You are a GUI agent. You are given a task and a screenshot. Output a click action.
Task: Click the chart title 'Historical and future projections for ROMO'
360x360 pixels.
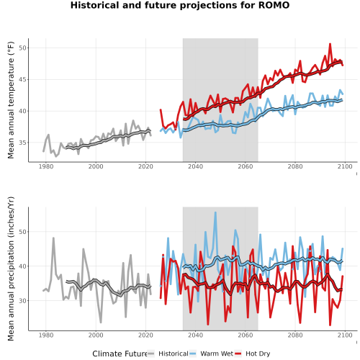tap(180, 5)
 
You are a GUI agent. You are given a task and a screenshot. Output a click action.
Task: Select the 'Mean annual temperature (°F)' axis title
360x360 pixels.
tap(11, 100)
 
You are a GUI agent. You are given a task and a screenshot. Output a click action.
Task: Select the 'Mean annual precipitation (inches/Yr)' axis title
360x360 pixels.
tap(11, 269)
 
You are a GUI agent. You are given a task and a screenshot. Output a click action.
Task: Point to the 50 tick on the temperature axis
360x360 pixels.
tap(22, 48)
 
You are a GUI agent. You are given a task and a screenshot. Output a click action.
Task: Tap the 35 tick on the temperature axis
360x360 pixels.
tap(22, 143)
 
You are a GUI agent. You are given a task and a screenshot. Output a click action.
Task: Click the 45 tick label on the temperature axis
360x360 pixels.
tap(22, 79)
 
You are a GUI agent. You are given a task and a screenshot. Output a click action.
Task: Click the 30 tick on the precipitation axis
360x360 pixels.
tap(22, 300)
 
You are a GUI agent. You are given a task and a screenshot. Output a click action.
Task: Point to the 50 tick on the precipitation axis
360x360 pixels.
tap(22, 232)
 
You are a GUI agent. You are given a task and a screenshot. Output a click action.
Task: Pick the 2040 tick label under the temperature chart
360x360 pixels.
tap(195, 166)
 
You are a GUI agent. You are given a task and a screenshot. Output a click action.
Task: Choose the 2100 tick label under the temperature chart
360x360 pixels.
tap(345, 166)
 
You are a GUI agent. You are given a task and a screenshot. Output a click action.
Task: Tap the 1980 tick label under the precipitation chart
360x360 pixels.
tap(46, 335)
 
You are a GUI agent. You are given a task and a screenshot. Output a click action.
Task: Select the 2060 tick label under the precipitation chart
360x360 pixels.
tap(246, 335)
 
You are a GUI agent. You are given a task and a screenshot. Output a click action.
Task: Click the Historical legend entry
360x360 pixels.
tap(168, 354)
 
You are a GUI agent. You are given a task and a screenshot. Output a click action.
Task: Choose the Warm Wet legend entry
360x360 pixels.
tap(211, 354)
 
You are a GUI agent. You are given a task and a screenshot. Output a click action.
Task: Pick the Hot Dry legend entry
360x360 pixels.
tap(253, 354)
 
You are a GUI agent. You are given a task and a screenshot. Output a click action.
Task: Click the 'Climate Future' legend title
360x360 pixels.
tap(120, 354)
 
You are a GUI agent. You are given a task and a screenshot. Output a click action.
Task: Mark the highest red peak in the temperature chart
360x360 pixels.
tap(330, 44)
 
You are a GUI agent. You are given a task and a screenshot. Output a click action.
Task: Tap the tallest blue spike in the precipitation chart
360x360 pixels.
tap(215, 212)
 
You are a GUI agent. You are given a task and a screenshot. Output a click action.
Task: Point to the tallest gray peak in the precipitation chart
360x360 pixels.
tap(53, 238)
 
